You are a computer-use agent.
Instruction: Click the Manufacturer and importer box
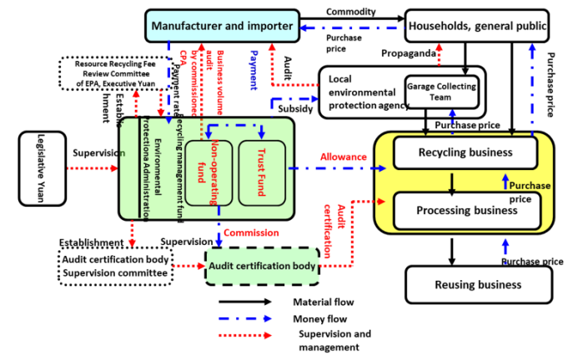[x=223, y=27]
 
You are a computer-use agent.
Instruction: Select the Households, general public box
[x=477, y=27]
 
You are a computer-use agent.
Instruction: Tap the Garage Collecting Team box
[x=442, y=92]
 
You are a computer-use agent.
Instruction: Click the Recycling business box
[x=465, y=152]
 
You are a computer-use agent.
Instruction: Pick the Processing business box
[x=466, y=210]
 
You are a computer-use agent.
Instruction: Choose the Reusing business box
[x=479, y=285]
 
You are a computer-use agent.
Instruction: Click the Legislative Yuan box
[x=43, y=168]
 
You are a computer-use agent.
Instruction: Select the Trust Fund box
[x=262, y=172]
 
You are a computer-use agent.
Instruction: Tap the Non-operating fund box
[x=209, y=172]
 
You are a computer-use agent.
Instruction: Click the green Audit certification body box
[x=263, y=266]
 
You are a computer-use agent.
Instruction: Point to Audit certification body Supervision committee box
[x=117, y=266]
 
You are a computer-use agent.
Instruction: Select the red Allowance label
[x=344, y=157]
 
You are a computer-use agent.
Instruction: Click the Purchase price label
[x=527, y=191]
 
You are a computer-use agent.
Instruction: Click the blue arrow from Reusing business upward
[x=505, y=247]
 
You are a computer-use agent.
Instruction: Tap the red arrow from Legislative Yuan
[x=91, y=168]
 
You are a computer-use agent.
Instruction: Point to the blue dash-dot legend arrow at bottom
[x=244, y=318]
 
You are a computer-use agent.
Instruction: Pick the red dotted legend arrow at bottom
[x=244, y=335]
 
